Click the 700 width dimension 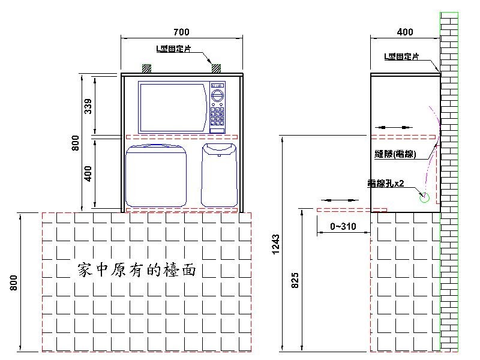coord(181,32)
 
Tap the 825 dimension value coord(294,280)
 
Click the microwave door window coord(173,107)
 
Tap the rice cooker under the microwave coord(157,175)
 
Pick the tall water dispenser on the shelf coord(219,174)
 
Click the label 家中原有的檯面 coord(137,269)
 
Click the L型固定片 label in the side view coord(401,56)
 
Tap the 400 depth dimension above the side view coord(405,32)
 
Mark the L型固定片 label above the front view coord(174,50)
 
